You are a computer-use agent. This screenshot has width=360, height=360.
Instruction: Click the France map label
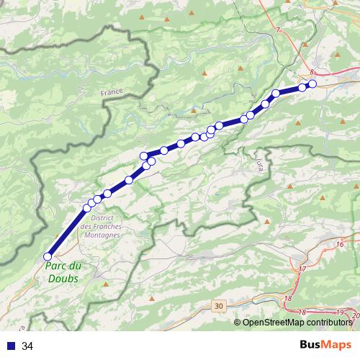(x=112, y=92)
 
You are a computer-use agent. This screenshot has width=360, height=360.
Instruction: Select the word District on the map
(x=104, y=217)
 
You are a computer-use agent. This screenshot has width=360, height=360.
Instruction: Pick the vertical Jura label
(x=258, y=166)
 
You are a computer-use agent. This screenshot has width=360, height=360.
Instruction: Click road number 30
(x=219, y=306)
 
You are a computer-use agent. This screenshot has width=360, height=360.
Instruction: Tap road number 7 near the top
(x=277, y=30)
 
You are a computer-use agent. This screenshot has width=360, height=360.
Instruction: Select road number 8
(x=312, y=73)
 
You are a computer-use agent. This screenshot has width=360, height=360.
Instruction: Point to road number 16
(x=339, y=245)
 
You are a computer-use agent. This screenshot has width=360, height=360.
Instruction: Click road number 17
(x=302, y=269)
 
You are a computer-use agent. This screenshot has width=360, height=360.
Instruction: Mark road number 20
(x=354, y=315)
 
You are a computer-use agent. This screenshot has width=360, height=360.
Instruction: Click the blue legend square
(x=12, y=346)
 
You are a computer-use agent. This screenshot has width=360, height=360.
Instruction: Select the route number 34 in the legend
(x=27, y=346)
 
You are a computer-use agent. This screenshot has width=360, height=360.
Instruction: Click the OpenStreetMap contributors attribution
(x=297, y=322)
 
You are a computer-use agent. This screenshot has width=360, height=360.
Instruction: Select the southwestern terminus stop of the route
(x=48, y=256)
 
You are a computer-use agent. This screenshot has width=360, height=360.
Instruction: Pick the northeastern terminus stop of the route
(x=312, y=84)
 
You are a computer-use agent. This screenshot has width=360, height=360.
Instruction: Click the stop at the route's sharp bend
(x=144, y=156)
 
